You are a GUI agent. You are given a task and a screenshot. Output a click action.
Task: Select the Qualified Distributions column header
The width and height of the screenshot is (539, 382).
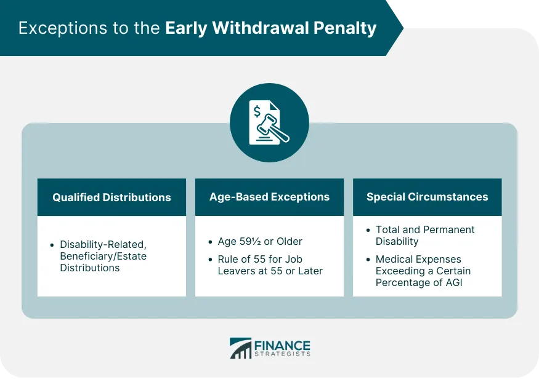click(x=111, y=197)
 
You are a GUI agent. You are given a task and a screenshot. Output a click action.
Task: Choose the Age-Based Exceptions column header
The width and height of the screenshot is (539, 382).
click(x=269, y=197)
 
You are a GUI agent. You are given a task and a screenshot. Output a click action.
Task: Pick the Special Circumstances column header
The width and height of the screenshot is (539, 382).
click(x=427, y=197)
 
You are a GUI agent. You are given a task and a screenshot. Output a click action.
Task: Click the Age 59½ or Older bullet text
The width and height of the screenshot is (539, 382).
click(x=260, y=242)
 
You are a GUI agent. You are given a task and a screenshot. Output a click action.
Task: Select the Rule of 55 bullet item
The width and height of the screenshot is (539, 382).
click(x=270, y=265)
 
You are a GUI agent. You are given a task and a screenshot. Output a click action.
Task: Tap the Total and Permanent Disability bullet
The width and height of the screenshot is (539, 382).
click(x=425, y=236)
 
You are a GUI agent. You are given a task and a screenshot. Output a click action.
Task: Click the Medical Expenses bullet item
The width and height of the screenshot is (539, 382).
click(x=423, y=271)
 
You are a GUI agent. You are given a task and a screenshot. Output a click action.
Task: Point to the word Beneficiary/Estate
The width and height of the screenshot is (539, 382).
click(x=103, y=256)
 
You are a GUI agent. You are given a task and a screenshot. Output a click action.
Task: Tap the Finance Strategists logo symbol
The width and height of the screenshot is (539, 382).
click(x=240, y=348)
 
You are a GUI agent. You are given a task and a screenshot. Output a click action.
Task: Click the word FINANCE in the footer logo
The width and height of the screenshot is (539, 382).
click(x=282, y=346)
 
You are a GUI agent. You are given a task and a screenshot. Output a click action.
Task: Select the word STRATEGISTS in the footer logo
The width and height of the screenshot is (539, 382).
click(x=282, y=354)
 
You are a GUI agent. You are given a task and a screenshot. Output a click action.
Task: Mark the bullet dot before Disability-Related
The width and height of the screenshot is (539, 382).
click(x=52, y=245)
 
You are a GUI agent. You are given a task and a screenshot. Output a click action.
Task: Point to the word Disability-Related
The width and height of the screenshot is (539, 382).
click(x=103, y=245)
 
